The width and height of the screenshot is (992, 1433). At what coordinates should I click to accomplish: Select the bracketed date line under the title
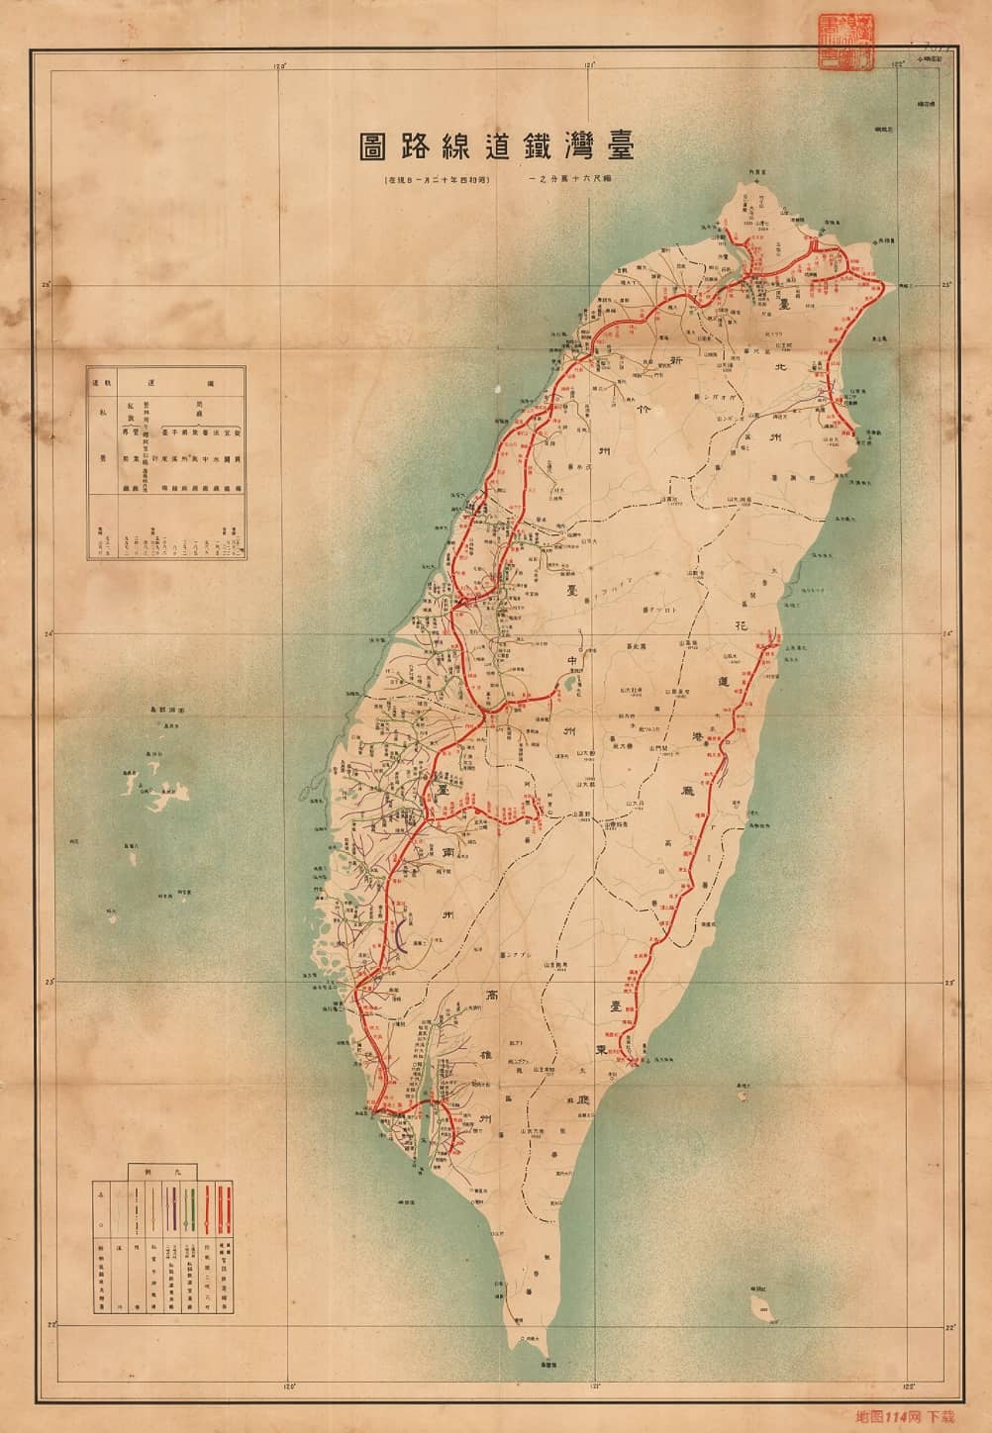[x=437, y=182]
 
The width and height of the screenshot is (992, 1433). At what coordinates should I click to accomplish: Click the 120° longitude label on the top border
[x=280, y=67]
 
